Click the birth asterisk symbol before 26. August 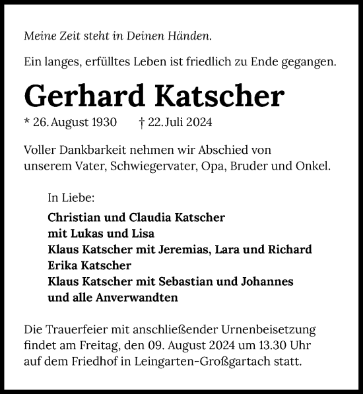tap(27, 122)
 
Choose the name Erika tap(63, 265)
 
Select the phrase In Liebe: tap(71, 197)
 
